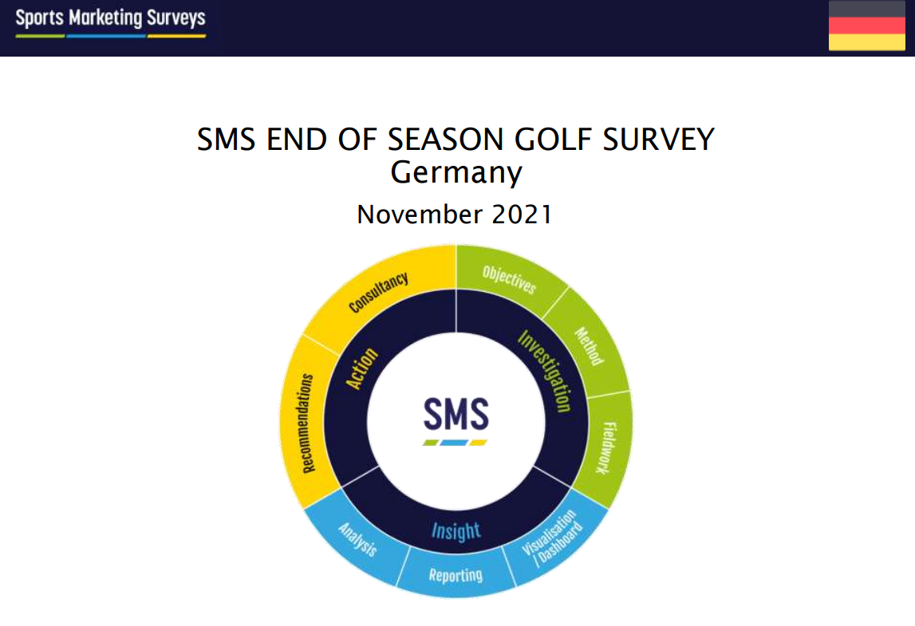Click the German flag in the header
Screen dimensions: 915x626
click(x=866, y=25)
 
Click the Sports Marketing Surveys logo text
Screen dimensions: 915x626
click(x=110, y=18)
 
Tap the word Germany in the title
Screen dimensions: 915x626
click(x=456, y=173)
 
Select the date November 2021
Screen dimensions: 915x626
click(x=455, y=215)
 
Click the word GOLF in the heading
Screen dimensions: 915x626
click(x=553, y=140)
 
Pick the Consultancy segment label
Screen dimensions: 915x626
click(x=378, y=293)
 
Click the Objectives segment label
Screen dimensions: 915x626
click(x=509, y=279)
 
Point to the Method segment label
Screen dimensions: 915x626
click(x=589, y=346)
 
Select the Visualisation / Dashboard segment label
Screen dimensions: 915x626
click(x=551, y=538)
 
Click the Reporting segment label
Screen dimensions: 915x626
click(x=456, y=575)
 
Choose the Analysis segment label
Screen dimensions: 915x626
click(x=357, y=539)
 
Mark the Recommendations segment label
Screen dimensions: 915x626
click(x=308, y=423)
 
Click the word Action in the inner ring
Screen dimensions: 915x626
click(x=362, y=368)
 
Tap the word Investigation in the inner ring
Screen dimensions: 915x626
click(x=544, y=371)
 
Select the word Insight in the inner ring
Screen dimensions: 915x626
click(x=456, y=531)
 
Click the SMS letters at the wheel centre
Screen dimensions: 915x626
click(x=456, y=414)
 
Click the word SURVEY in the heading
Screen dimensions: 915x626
click(x=658, y=140)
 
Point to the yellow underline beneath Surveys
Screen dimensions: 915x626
click(x=176, y=36)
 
